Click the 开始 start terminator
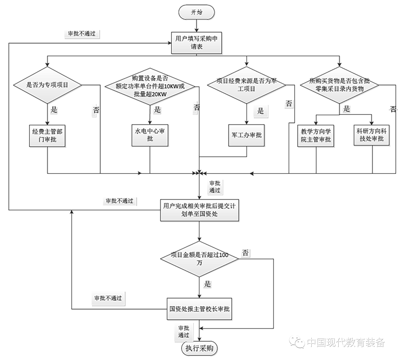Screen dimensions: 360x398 tap(196, 12)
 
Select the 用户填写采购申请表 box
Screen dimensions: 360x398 tap(198, 43)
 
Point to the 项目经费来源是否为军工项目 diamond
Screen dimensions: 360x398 tap(247, 85)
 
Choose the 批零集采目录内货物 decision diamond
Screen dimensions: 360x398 tap(339, 85)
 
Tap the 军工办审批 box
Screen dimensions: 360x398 tap(247, 135)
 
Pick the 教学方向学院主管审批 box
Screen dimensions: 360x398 tap(316, 135)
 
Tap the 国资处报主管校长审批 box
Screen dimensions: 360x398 tap(199, 309)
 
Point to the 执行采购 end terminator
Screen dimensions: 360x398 tap(199, 348)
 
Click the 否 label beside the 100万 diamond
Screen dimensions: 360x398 tap(245, 253)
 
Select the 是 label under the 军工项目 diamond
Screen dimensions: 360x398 tap(261, 111)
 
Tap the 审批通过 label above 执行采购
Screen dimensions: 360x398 tap(184, 332)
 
